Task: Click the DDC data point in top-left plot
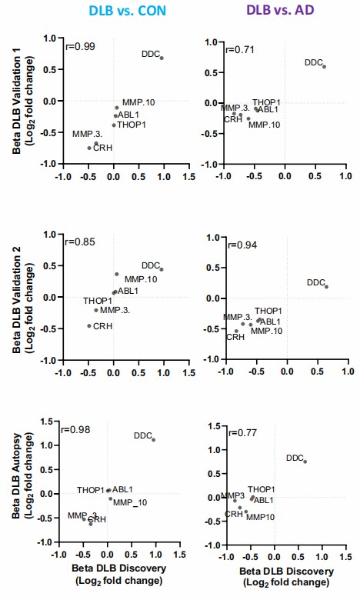click(x=162, y=58)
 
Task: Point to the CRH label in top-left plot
click(x=102, y=147)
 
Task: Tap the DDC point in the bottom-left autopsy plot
click(x=154, y=440)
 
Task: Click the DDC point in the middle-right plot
click(x=326, y=287)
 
